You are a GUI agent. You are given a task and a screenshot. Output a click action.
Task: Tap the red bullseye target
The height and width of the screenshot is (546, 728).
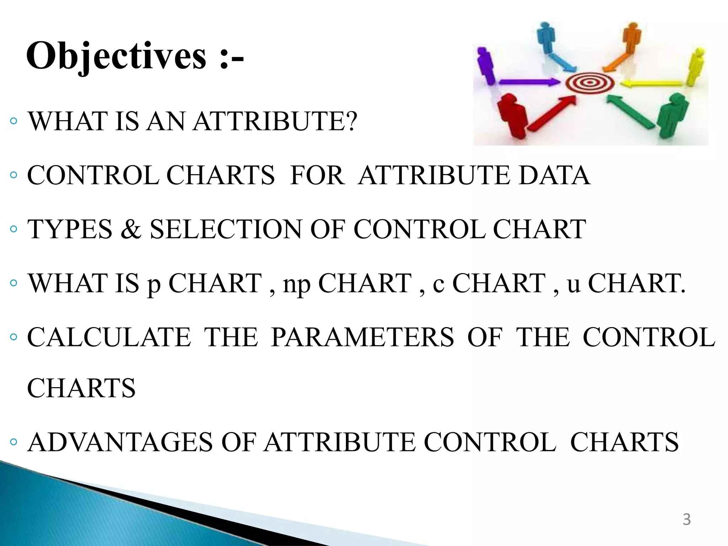coord(590,83)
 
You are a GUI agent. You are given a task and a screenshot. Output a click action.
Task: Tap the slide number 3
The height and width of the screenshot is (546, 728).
coord(686,519)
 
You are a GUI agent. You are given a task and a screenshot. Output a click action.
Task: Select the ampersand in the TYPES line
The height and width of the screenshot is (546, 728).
coord(131,229)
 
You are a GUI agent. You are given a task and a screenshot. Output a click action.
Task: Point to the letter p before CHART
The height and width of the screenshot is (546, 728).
coord(154,285)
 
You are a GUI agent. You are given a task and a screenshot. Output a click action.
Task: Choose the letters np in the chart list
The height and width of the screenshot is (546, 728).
coord(296,285)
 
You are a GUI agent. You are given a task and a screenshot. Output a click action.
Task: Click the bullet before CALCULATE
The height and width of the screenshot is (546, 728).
coord(14,337)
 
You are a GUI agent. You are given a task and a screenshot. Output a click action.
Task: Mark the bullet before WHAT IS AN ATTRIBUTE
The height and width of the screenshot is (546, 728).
coord(14,121)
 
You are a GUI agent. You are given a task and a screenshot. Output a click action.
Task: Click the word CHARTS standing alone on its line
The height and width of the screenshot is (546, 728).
coord(81,388)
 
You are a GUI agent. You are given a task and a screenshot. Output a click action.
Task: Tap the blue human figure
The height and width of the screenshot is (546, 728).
coord(546,37)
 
